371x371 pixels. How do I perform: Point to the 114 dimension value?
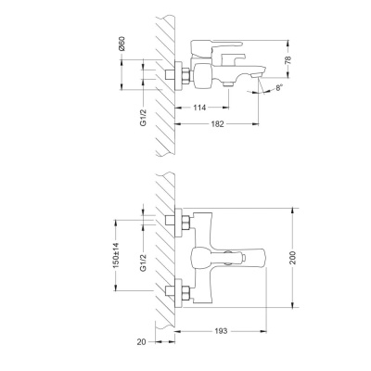198,109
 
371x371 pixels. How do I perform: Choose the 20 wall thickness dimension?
140,341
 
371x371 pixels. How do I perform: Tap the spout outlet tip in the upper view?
260,73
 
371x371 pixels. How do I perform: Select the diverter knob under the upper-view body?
225,86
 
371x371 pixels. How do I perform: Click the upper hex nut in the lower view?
184,222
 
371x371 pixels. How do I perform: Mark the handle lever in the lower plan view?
241,259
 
